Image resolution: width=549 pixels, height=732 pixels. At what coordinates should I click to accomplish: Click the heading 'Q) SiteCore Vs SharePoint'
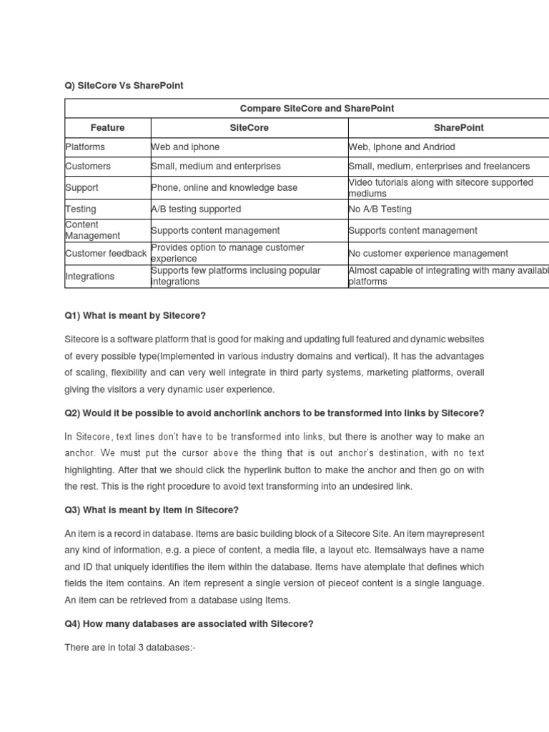coord(124,86)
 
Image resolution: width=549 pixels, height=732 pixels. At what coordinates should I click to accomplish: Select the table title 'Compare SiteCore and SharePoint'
coord(317,109)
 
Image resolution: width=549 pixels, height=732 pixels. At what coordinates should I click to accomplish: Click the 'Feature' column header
coord(108,128)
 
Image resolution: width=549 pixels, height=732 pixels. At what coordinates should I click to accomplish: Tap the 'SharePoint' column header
coord(458,128)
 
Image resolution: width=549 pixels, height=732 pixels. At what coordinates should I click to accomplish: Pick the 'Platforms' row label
coord(85,147)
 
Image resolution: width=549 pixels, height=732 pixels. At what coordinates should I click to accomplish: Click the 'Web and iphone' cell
coord(186,147)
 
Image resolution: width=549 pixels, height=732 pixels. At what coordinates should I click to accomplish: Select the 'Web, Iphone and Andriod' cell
coord(402,147)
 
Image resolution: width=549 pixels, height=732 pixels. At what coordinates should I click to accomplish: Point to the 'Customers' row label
coord(88,167)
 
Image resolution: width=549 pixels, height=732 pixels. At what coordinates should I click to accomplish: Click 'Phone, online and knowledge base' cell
coord(224,188)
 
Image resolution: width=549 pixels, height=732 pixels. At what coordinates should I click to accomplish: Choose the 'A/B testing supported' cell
coord(197,209)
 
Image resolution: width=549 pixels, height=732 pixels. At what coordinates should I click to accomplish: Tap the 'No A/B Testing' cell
coord(380,209)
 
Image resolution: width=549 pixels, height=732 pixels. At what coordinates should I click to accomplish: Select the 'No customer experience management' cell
coord(428,254)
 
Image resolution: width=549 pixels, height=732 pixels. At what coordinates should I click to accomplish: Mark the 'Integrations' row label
coord(90,277)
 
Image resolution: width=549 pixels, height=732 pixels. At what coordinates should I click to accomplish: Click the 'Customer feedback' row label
coord(106,254)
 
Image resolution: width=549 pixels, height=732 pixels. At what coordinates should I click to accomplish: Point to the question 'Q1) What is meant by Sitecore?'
coord(135,316)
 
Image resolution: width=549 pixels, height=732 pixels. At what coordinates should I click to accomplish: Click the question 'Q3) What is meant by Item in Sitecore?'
coord(152,510)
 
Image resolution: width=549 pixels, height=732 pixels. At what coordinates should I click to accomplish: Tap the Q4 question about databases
coord(189,624)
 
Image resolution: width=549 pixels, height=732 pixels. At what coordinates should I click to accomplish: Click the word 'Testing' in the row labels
coord(81,209)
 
